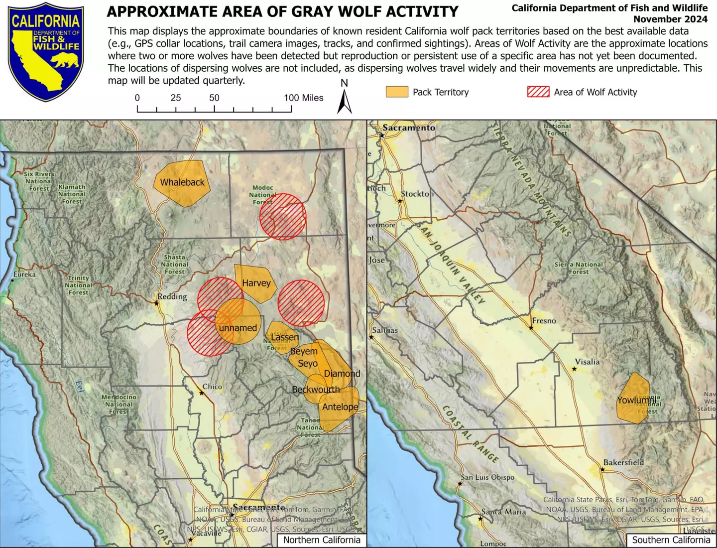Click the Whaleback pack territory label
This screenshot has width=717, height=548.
(x=182, y=182)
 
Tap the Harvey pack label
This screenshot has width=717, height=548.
(x=256, y=283)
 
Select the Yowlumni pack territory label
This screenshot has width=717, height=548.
(x=636, y=400)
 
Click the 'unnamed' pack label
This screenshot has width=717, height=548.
(x=238, y=328)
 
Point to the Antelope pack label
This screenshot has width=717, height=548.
(x=340, y=407)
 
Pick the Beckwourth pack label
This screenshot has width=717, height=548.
(x=316, y=389)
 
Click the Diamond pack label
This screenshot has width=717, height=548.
(x=342, y=373)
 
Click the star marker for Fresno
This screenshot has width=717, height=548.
(x=531, y=328)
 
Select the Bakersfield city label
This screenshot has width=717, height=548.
(x=623, y=462)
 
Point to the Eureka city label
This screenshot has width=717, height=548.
(x=24, y=274)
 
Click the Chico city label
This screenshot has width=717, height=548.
(x=212, y=387)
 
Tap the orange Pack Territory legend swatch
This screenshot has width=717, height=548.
(x=397, y=92)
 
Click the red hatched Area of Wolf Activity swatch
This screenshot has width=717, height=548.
(x=538, y=92)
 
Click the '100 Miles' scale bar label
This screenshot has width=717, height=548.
(x=304, y=98)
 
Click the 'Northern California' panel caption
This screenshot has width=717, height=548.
(x=322, y=540)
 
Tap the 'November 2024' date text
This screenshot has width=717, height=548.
(x=670, y=19)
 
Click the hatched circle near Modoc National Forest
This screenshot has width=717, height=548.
(x=283, y=217)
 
